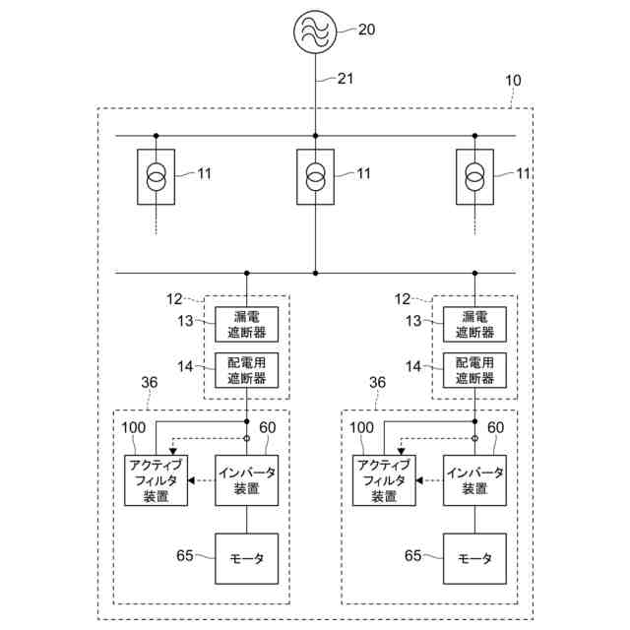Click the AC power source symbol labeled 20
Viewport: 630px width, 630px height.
(315, 30)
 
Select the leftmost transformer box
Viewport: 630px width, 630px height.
(156, 177)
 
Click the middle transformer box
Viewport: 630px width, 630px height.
(315, 177)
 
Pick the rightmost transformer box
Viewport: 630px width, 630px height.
(474, 177)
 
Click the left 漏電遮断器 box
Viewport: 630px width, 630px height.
(246, 323)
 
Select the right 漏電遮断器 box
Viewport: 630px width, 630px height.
(474, 323)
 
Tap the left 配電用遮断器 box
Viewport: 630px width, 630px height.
(246, 370)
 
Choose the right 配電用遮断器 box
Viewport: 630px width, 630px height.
(474, 370)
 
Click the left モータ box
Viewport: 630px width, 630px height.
(246, 558)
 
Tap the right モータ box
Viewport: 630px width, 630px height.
(474, 558)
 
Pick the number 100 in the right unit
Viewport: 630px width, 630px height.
(361, 427)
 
